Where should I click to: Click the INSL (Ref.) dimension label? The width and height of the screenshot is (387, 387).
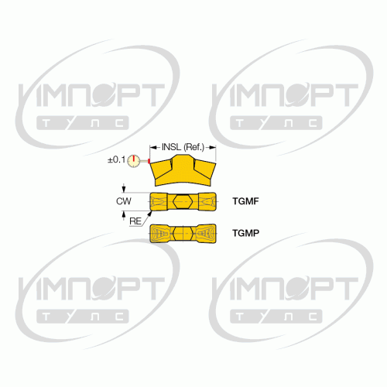(183, 147)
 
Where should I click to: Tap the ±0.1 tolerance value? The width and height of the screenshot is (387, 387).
(116, 159)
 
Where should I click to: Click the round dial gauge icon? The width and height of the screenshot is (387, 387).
(133, 161)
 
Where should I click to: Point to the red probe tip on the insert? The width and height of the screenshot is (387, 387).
(149, 161)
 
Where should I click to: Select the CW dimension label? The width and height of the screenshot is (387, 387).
(124, 201)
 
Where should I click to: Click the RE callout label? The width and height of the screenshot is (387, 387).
(135, 221)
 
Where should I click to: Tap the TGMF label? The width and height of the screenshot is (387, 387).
(245, 201)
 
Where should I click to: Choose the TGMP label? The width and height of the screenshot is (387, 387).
(246, 233)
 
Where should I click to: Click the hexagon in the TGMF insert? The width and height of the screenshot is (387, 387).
(183, 201)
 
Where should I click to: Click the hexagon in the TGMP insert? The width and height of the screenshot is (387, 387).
(183, 233)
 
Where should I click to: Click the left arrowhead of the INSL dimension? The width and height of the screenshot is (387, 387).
(153, 148)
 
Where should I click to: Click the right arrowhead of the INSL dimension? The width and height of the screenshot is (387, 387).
(212, 148)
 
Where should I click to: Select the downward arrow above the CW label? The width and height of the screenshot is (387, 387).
(124, 188)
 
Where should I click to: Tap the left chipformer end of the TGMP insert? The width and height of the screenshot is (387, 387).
(159, 234)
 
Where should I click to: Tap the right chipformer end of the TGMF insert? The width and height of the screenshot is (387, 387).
(207, 201)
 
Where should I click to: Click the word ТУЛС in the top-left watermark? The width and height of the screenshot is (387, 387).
(83, 123)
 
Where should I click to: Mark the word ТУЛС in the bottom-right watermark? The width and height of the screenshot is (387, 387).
(276, 317)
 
